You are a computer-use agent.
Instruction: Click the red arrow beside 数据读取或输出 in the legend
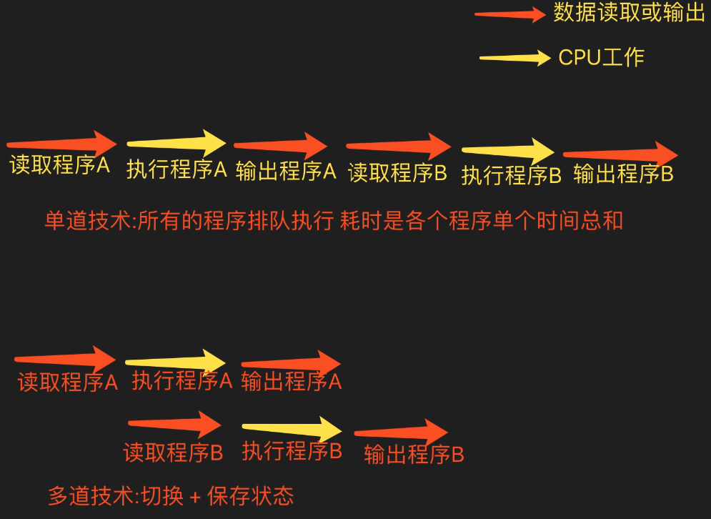coord(510,14)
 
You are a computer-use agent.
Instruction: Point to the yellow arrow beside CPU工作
coord(514,58)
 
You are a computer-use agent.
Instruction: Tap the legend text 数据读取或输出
coord(629,13)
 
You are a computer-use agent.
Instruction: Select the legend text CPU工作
coord(601,57)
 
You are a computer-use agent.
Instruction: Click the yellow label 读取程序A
coord(59,165)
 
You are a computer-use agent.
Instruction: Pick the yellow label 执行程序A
coord(176,169)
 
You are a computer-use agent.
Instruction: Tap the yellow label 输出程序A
coord(286,171)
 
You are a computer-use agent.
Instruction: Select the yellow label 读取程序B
coord(397,172)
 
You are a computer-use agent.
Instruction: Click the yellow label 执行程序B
coord(511,175)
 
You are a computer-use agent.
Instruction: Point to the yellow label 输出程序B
coord(623,174)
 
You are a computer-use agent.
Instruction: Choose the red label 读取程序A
coord(67,382)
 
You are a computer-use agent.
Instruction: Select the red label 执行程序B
coord(292,451)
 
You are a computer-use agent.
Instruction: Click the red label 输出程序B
coord(414,455)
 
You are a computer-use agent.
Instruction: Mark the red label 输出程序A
coord(292,382)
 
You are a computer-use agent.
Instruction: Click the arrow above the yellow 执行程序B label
coord(507,150)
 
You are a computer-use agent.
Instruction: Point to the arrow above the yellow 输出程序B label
coord(620,153)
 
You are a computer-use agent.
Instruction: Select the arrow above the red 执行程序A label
coord(175,362)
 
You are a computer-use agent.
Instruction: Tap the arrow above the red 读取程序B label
coord(174,424)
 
